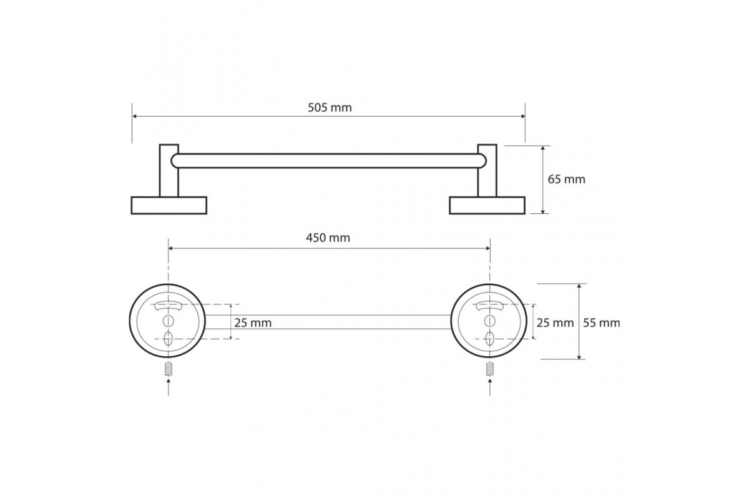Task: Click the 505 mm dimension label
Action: tap(330, 108)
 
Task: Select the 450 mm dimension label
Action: tap(328, 238)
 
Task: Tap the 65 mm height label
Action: tap(567, 180)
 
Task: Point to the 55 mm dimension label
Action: tap(602, 323)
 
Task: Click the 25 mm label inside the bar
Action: tap(253, 323)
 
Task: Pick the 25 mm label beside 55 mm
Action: tap(555, 323)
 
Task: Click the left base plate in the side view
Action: tap(169, 205)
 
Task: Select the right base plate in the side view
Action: tap(487, 205)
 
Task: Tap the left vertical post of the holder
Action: tap(169, 170)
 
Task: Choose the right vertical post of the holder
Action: tap(487, 170)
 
